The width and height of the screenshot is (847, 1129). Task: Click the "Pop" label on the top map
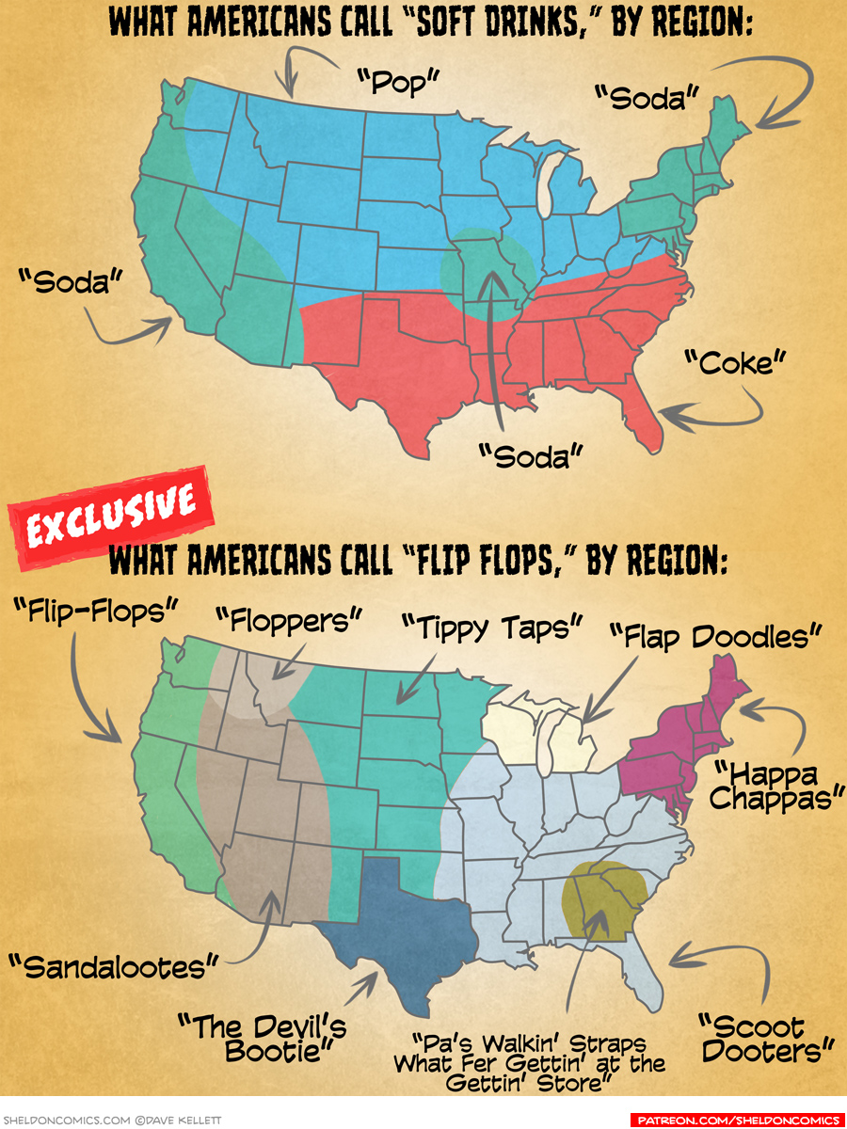pyautogui.click(x=400, y=83)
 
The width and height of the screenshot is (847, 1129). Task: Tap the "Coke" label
pyautogui.click(x=734, y=361)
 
